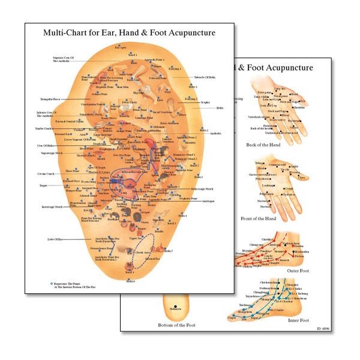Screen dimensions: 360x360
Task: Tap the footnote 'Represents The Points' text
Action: click(70, 282)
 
